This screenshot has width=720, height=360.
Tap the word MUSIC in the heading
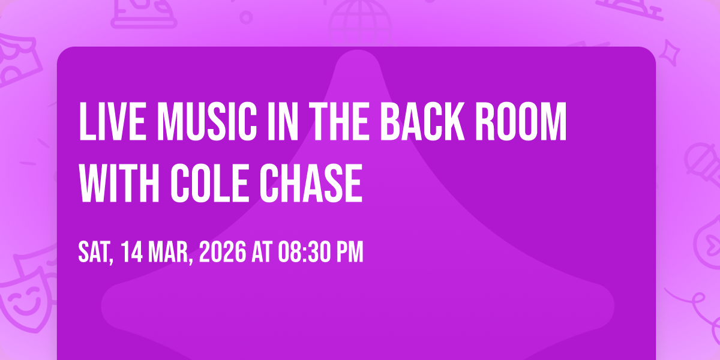pyautogui.click(x=207, y=121)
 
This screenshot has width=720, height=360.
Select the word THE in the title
pyautogui.click(x=341, y=121)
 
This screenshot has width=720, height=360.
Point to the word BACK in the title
pyautogui.click(x=422, y=121)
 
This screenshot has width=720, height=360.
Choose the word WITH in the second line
pyautogui.click(x=119, y=183)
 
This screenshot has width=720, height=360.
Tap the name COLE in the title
pyautogui.click(x=209, y=183)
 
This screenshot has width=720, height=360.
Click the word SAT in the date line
pyautogui.click(x=96, y=253)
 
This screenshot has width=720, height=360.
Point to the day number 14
pyautogui.click(x=132, y=252)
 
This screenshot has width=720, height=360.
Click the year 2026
pyautogui.click(x=223, y=252)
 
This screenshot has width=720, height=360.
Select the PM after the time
pyautogui.click(x=350, y=252)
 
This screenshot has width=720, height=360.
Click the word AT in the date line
pyautogui.click(x=262, y=252)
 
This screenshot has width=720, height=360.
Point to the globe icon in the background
pyautogui.click(x=360, y=23)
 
